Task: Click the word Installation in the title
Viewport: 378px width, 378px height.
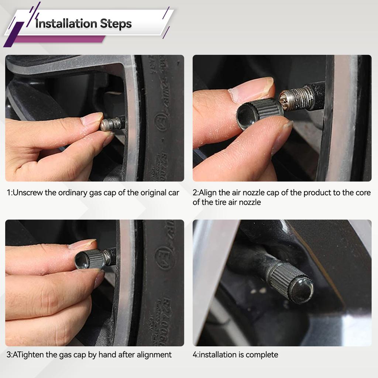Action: (x=66, y=23)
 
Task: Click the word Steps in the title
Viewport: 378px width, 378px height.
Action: (x=116, y=24)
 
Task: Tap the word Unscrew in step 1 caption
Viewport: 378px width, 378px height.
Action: (x=28, y=193)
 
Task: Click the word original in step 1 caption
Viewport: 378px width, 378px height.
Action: (x=153, y=193)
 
